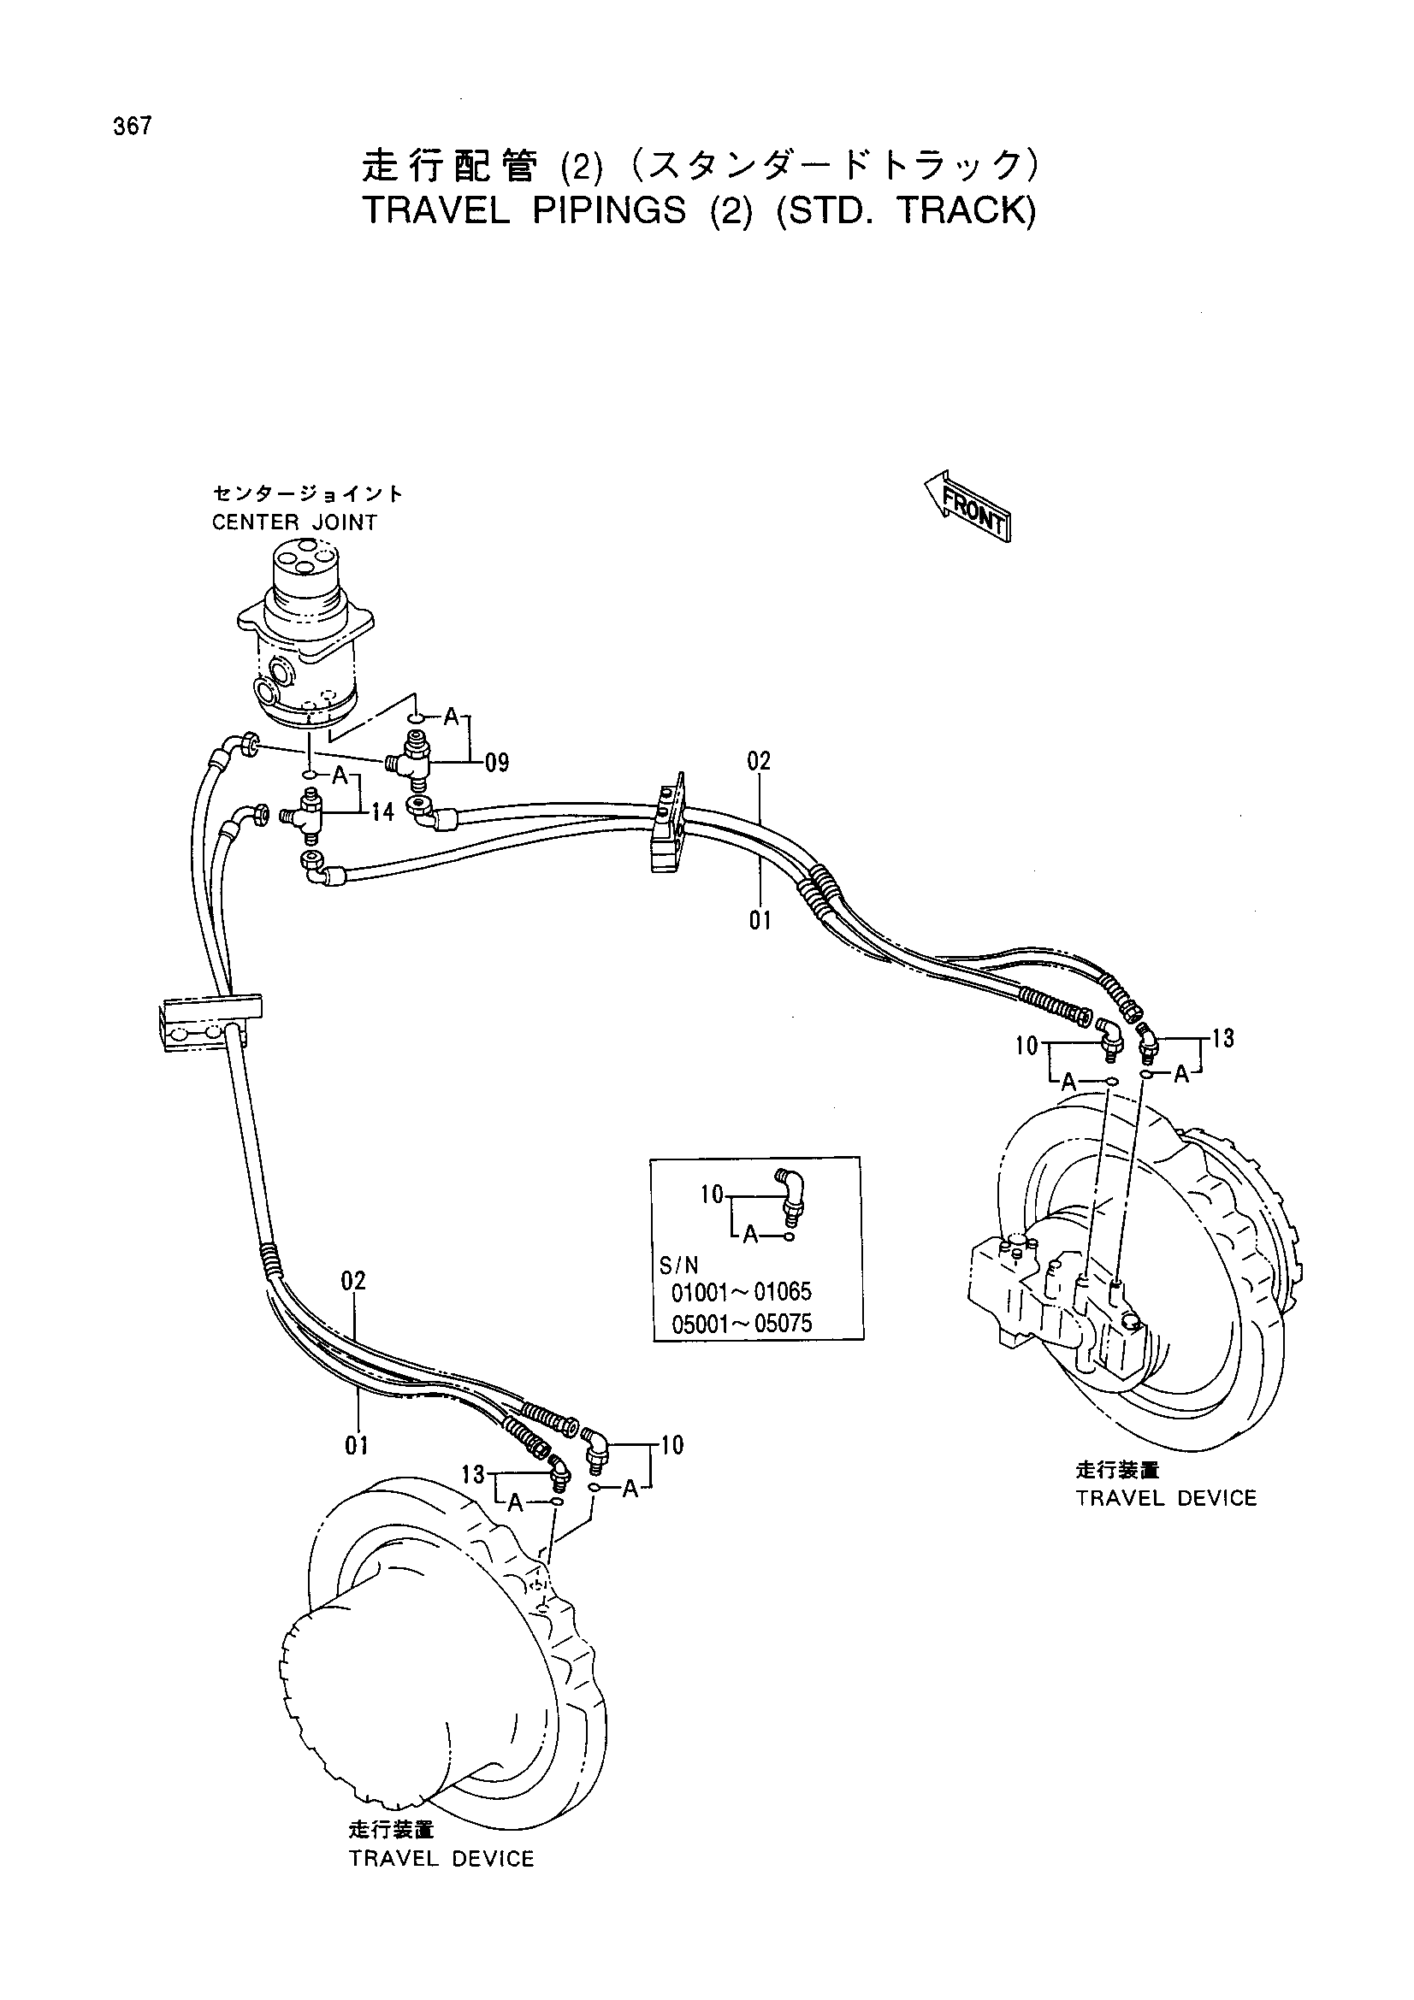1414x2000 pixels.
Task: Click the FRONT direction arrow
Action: [x=966, y=507]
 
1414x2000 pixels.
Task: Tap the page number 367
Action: [x=133, y=127]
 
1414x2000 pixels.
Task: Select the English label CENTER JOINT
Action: [x=294, y=522]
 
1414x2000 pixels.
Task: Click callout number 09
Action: [x=497, y=763]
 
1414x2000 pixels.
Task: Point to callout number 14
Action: [x=382, y=811]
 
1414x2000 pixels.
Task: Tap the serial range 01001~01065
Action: [x=742, y=1292]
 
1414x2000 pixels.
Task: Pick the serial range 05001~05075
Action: [x=742, y=1323]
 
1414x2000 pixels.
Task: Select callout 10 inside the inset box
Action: [x=713, y=1195]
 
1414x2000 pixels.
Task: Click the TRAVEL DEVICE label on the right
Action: [x=1167, y=1497]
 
